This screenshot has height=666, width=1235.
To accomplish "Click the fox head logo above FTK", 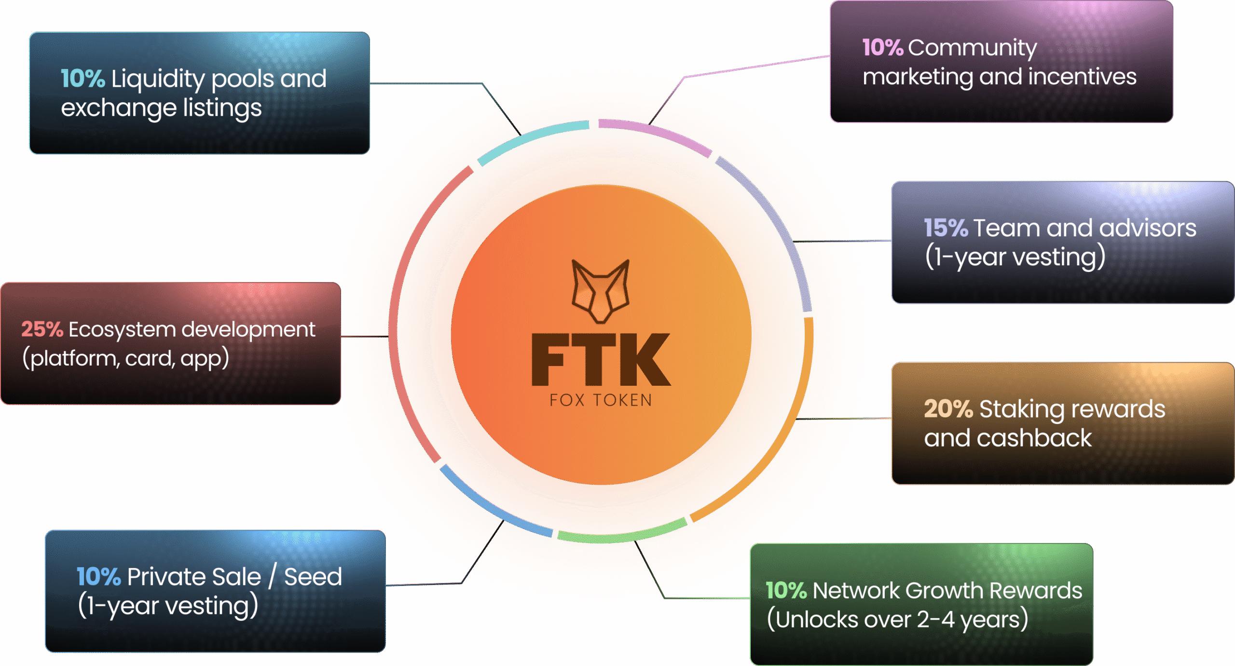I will click(600, 291).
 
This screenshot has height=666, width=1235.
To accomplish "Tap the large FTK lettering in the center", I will click(600, 360).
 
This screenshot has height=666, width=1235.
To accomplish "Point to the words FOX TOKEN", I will click(601, 400).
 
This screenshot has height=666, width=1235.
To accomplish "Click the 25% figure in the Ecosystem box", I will click(42, 329).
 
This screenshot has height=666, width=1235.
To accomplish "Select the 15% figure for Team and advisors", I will click(946, 228).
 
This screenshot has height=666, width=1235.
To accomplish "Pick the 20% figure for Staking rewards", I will click(948, 409).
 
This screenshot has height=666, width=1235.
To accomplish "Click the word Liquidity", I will click(158, 79).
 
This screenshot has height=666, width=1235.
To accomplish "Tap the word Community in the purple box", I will click(972, 48).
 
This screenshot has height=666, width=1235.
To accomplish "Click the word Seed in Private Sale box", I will click(313, 577).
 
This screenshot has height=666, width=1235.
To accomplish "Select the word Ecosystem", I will click(122, 329).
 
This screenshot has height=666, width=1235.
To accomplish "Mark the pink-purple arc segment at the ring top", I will click(656, 135).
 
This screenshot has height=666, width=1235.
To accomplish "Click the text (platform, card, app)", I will click(125, 358).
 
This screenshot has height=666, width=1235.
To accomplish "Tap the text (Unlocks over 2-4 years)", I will click(897, 620).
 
